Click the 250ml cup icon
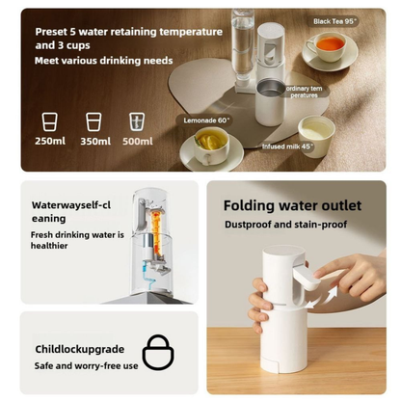(x=49, y=121)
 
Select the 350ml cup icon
(x=94, y=121)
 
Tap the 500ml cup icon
(x=138, y=121)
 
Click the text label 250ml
(x=49, y=142)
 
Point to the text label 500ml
(x=138, y=142)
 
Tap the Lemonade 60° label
(x=203, y=120)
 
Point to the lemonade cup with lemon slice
(x=210, y=143)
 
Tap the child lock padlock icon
(x=159, y=352)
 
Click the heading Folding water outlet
(x=292, y=205)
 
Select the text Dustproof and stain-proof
(x=285, y=225)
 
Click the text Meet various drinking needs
(x=104, y=61)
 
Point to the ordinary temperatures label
(x=303, y=93)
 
